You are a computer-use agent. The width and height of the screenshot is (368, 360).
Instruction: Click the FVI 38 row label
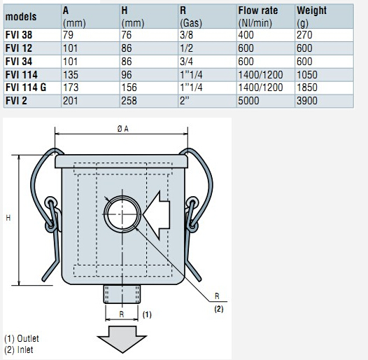[x=19, y=35]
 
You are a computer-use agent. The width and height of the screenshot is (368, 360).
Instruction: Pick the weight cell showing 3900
[x=307, y=101]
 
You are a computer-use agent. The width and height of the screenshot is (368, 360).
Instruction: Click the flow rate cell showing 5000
[x=248, y=101]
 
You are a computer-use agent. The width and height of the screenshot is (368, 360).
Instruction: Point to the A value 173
[x=71, y=88]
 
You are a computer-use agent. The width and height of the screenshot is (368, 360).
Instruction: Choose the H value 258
[x=129, y=101]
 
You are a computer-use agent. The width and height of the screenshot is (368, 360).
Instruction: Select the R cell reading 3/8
[x=186, y=35]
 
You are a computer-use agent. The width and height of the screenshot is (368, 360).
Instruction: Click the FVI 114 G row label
[x=26, y=88]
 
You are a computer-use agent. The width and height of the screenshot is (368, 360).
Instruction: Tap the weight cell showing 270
[x=304, y=35]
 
